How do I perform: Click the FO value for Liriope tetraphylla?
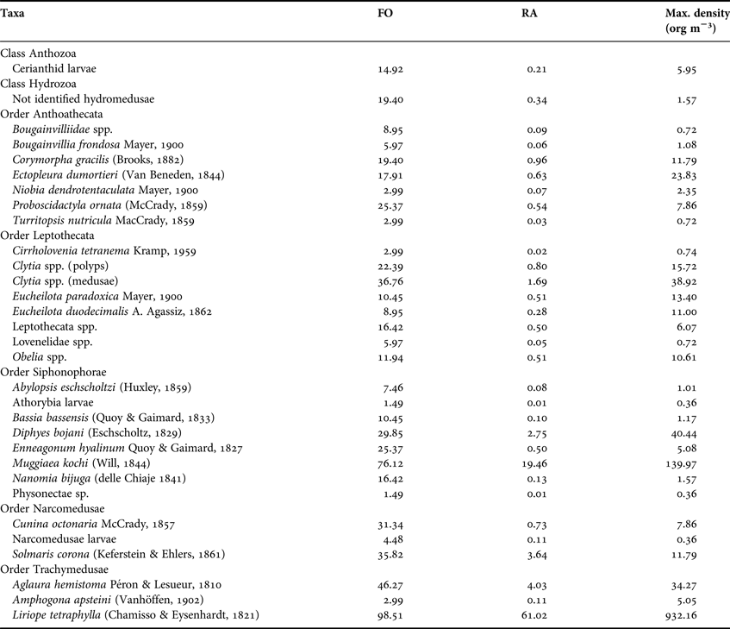point(370,614)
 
